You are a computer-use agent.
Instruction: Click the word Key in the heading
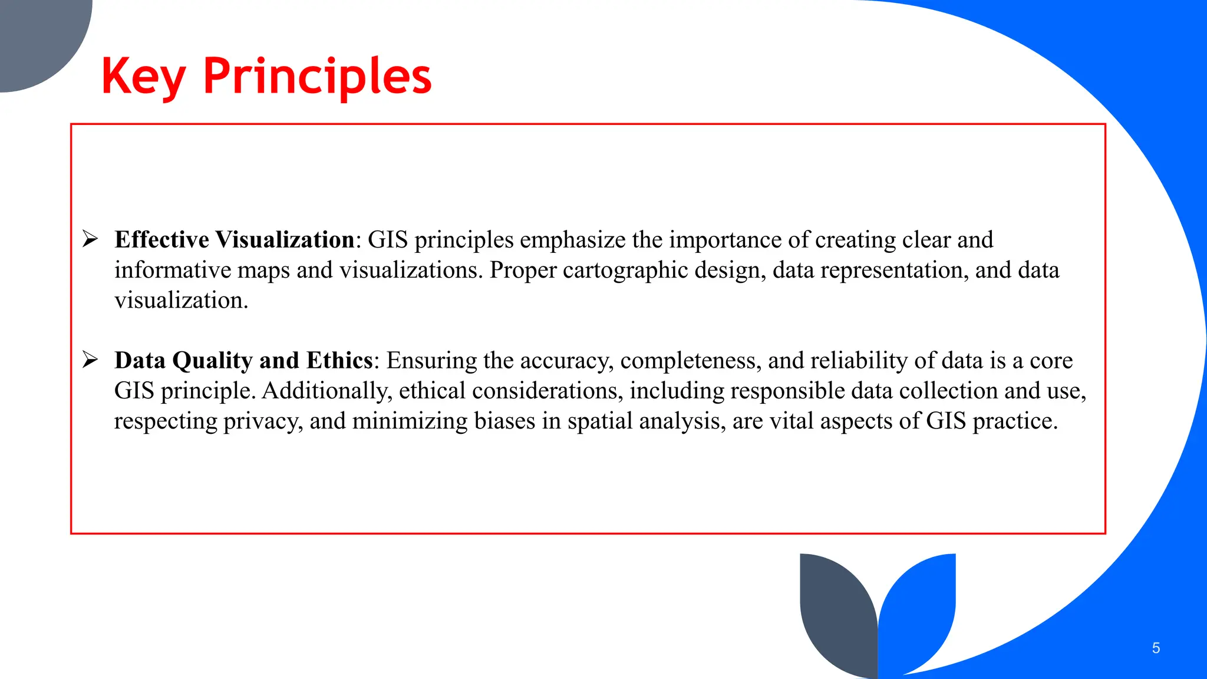144,77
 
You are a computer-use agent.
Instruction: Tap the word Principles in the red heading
317,77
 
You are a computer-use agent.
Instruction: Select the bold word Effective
161,240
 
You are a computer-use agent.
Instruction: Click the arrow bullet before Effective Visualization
90,239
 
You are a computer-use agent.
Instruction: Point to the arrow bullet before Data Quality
90,360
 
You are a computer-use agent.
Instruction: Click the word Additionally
327,391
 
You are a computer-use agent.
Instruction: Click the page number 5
1156,648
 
